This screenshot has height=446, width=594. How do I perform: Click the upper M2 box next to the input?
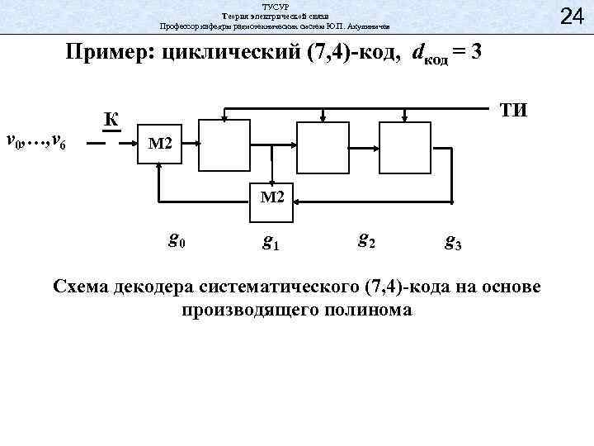click(x=159, y=145)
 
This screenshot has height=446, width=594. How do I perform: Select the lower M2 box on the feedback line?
click(x=271, y=197)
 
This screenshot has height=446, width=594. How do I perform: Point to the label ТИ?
click(x=511, y=111)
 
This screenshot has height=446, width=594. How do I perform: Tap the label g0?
click(x=177, y=240)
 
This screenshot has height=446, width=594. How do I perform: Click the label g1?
click(x=270, y=241)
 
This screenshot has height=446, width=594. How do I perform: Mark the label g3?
click(x=453, y=242)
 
